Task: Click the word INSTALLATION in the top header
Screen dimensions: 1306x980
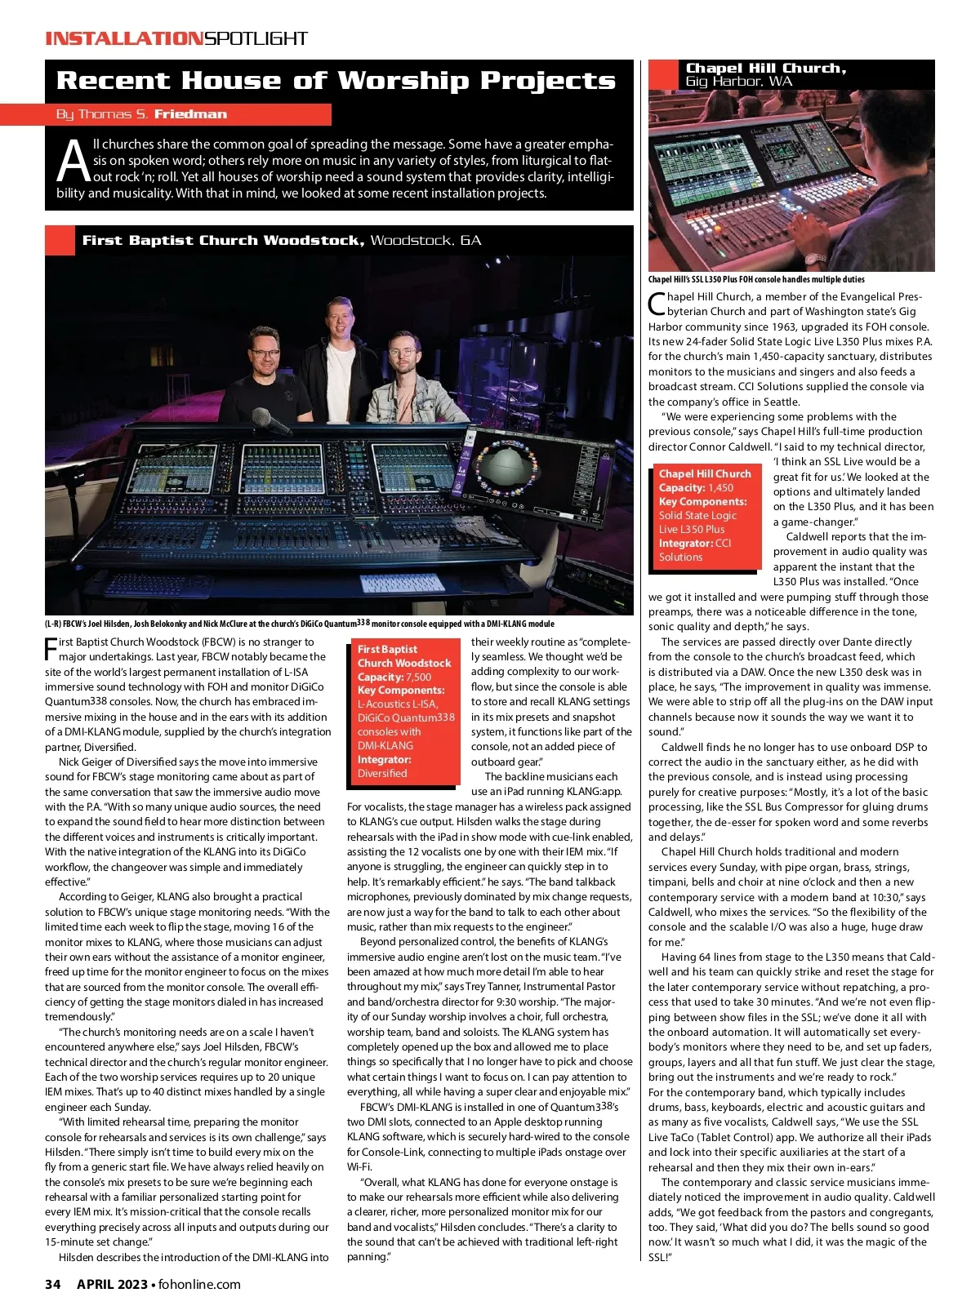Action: pyautogui.click(x=122, y=38)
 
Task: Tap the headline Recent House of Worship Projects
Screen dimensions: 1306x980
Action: pyautogui.click(x=336, y=81)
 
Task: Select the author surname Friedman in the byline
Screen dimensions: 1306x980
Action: pyautogui.click(x=190, y=114)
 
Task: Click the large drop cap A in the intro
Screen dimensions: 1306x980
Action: pyautogui.click(x=73, y=162)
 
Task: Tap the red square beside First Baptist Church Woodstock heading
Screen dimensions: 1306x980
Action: pyautogui.click(x=60, y=240)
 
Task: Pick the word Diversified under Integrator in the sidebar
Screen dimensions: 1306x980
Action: pyautogui.click(x=382, y=773)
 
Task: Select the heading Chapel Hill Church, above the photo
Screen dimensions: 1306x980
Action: pyautogui.click(x=765, y=69)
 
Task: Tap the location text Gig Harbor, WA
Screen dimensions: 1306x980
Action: pyautogui.click(x=738, y=82)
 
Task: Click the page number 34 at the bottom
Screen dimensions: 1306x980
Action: pyautogui.click(x=53, y=1284)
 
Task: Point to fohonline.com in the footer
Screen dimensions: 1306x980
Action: pyautogui.click(x=199, y=1284)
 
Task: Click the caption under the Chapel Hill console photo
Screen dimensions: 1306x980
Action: pyautogui.click(x=756, y=279)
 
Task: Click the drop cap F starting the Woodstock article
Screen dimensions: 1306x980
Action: pyautogui.click(x=51, y=648)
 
